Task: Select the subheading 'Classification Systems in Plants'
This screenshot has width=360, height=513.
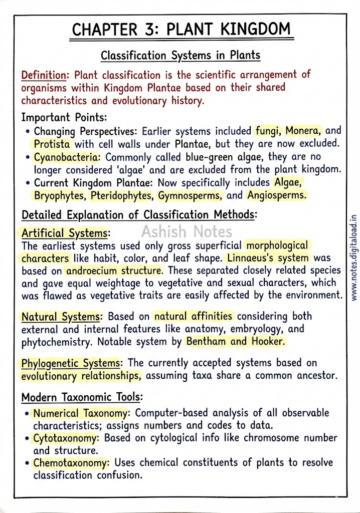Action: [181, 55]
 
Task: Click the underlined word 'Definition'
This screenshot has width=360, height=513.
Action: [44, 75]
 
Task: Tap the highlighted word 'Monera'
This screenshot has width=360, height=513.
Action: [303, 131]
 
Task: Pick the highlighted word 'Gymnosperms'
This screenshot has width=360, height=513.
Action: [190, 195]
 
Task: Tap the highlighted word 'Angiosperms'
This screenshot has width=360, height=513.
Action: [277, 195]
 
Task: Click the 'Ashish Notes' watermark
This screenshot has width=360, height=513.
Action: [187, 231]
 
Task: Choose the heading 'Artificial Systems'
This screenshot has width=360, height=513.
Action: [64, 233]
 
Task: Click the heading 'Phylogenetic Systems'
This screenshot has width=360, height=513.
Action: [70, 363]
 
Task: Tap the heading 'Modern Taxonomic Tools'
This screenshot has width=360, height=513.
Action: [81, 398]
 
